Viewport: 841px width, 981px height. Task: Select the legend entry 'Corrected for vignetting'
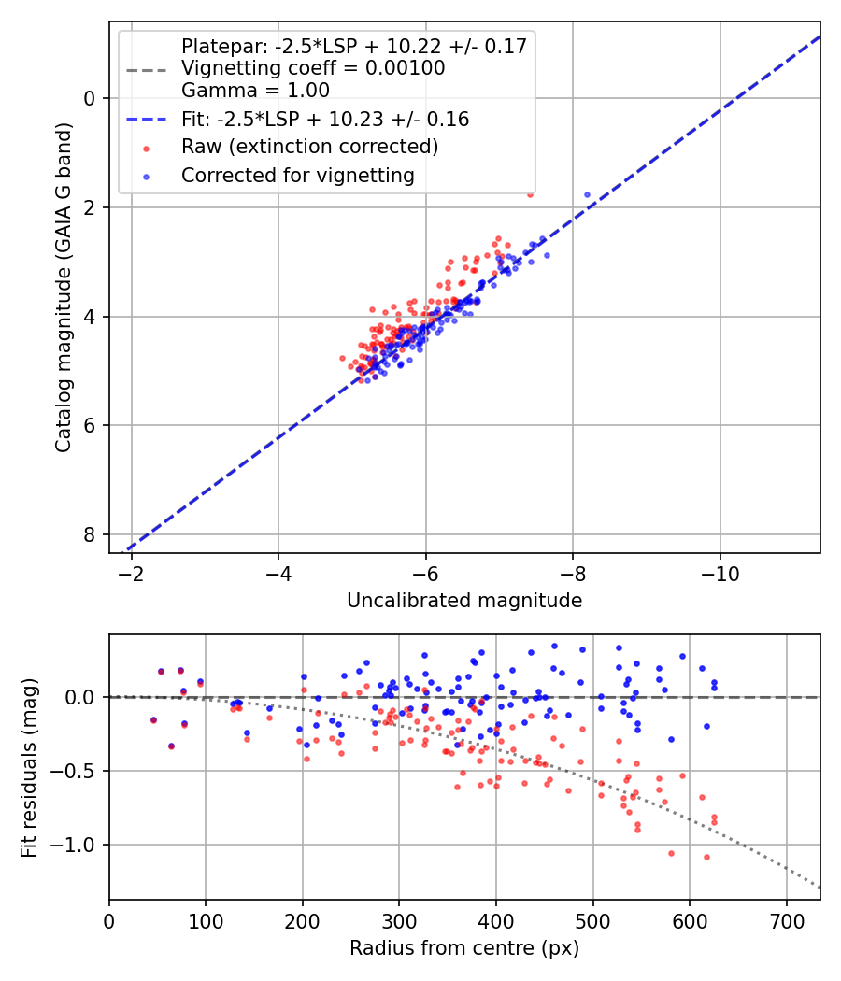pyautogui.click(x=297, y=175)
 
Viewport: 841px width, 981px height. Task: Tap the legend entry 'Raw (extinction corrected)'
pyautogui.click(x=309, y=147)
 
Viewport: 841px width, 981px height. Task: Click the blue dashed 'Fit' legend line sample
pyautogui.click(x=148, y=120)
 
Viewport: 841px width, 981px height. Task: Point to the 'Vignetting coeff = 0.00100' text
pyautogui.click(x=313, y=68)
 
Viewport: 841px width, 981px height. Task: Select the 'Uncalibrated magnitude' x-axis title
pyautogui.click(x=464, y=601)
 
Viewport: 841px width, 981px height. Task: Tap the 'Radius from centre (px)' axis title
pyautogui.click(x=464, y=948)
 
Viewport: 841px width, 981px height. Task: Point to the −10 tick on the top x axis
pyautogui.click(x=720, y=569)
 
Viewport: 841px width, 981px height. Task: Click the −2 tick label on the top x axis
pyautogui.click(x=132, y=569)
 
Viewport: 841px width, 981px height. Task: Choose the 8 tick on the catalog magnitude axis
pyautogui.click(x=90, y=534)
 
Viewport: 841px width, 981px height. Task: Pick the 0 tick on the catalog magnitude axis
pyautogui.click(x=90, y=98)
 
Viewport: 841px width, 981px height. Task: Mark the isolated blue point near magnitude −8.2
pyautogui.click(x=587, y=194)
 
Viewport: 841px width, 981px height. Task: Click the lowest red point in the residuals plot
pyautogui.click(x=706, y=857)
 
